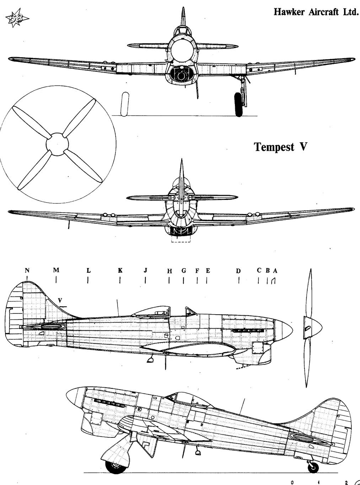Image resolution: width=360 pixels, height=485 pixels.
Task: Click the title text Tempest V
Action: (x=281, y=147)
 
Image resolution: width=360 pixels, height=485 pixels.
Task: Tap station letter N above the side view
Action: (x=27, y=271)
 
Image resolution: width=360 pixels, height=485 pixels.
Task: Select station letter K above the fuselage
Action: (x=120, y=271)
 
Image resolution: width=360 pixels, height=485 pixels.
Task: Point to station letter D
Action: (x=238, y=271)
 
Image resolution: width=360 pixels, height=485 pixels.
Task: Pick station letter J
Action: (x=145, y=271)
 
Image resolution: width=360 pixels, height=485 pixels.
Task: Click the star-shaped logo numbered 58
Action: (x=17, y=18)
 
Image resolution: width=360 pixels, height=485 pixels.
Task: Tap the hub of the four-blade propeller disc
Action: (x=57, y=144)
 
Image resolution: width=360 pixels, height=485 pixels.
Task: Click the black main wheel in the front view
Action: (x=238, y=104)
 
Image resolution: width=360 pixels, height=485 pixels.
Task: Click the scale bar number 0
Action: (x=292, y=481)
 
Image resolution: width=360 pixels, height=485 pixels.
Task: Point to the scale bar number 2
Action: (x=346, y=481)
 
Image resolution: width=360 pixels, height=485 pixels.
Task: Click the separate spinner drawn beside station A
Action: (x=312, y=328)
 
